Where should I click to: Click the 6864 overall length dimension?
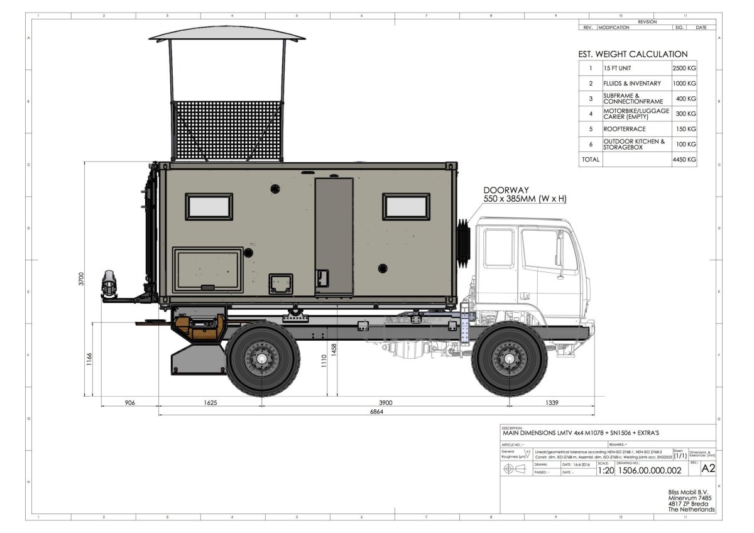376,411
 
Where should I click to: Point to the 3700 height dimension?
80,279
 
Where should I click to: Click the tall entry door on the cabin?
333,237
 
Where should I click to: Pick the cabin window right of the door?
407,207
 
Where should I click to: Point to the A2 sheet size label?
708,468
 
